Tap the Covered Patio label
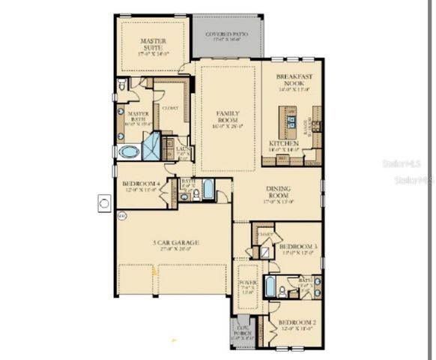click(x=228, y=34)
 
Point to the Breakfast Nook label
click(x=293, y=80)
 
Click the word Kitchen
click(x=285, y=143)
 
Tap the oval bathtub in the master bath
click(x=128, y=151)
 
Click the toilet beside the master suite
click(x=123, y=87)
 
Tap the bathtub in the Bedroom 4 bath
click(x=208, y=189)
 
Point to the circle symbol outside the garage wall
click(x=105, y=202)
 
